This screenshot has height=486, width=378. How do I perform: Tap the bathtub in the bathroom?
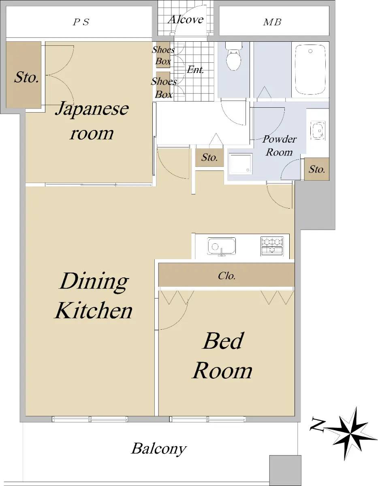310,70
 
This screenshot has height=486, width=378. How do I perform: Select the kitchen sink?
222,246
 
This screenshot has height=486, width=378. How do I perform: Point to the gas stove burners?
272,246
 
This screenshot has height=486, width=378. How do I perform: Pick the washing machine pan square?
240,164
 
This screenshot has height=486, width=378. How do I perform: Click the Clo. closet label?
226,276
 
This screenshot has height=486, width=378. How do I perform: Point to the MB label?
272,22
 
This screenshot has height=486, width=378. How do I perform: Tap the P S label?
81,22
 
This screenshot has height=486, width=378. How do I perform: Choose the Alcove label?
186,19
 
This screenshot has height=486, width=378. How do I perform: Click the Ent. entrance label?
195,70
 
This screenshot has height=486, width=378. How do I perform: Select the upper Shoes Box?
162,55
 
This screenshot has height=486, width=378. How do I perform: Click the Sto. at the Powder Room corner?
317,169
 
